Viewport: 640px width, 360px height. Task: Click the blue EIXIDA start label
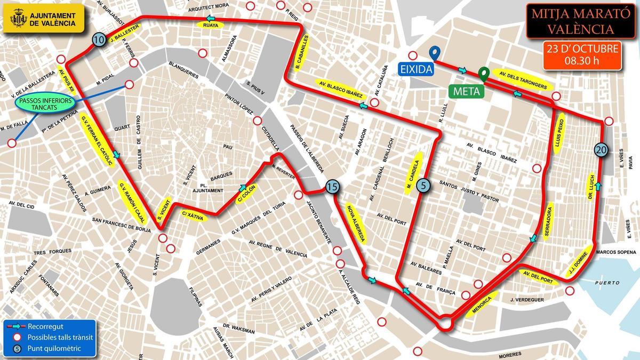tap(415, 68)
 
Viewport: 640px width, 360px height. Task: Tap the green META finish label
tap(466, 91)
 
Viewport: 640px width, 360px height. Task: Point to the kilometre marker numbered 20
tap(601, 151)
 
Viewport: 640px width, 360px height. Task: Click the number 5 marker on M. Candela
tap(423, 186)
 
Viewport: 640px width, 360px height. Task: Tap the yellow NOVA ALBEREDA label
tap(356, 222)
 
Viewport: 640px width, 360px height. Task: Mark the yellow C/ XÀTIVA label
tap(191, 215)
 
